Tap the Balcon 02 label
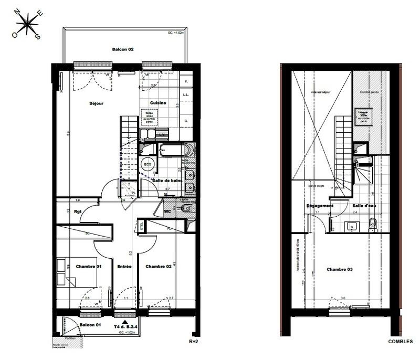click(123, 49)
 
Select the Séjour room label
click(96, 103)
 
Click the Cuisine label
click(158, 103)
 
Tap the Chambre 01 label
click(89, 267)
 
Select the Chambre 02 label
click(159, 267)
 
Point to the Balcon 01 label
click(90, 325)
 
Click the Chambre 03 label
click(340, 270)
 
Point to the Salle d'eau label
click(363, 206)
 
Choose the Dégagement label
click(320, 206)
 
